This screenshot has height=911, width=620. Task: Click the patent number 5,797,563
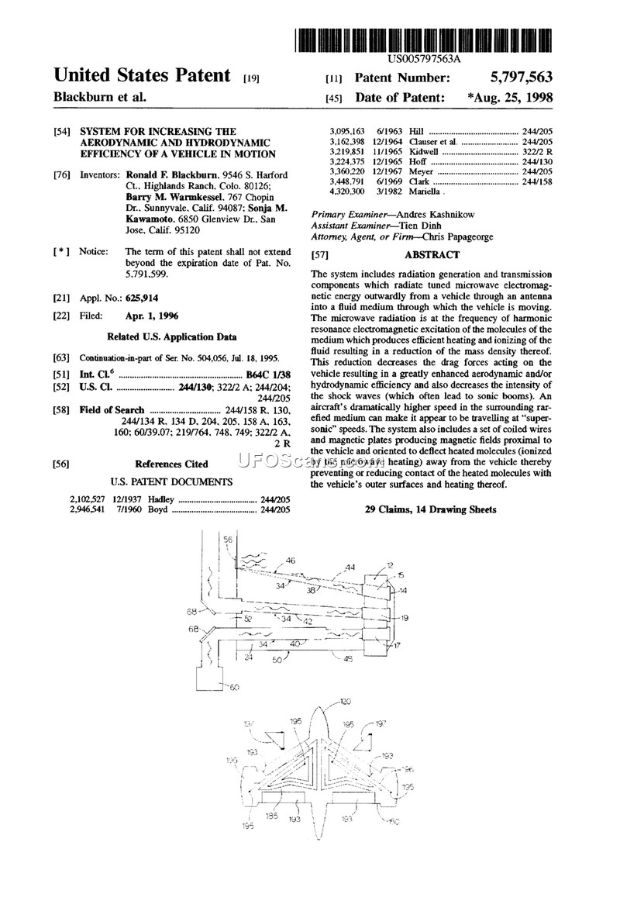point(521,78)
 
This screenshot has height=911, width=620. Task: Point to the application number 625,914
point(143,298)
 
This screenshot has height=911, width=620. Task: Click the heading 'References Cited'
point(171,464)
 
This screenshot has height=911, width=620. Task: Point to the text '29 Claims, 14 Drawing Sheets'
point(430,509)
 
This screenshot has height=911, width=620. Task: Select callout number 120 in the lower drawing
point(346,701)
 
